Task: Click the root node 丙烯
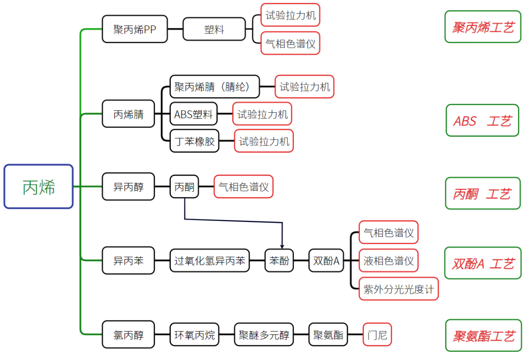[39, 187]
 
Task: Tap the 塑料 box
[214, 29]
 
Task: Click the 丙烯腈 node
[128, 114]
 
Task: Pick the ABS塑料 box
[194, 115]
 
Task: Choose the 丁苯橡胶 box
[195, 141]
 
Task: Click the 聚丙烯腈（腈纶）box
[215, 87]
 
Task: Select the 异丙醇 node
[128, 186]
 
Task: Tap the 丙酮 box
[184, 186]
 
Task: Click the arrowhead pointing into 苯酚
[282, 245]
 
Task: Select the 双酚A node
[326, 260]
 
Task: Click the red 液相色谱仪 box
[388, 260]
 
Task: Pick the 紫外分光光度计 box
[399, 288]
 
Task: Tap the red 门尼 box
[377, 335]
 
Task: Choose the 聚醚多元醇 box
[264, 335]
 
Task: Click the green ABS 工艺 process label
[482, 120]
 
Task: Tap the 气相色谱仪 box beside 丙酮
[244, 186]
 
